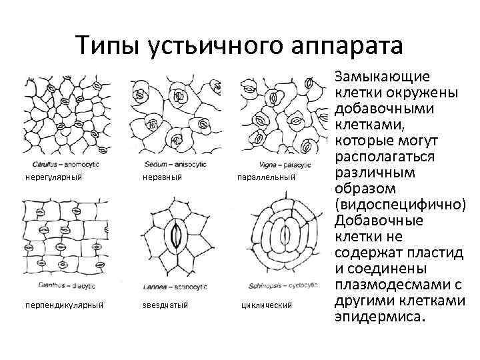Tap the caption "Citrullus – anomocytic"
[62, 164]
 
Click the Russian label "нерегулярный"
[53, 177]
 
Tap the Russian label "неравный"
[163, 177]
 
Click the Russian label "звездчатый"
[166, 305]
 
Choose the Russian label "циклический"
[266, 305]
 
